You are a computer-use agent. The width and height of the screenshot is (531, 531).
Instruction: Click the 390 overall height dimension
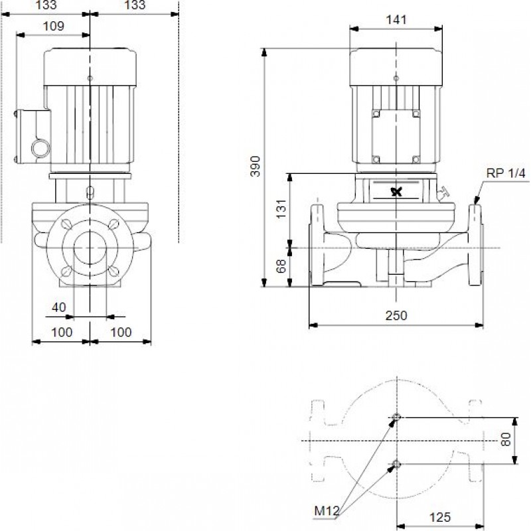click(x=256, y=167)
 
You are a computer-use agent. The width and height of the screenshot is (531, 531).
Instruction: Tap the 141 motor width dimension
click(x=396, y=20)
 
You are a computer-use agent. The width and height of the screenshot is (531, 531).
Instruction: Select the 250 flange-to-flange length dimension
click(x=396, y=315)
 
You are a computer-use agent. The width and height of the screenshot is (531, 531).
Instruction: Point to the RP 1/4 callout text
click(x=506, y=173)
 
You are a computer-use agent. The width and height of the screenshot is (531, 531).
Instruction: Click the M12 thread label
click(x=327, y=511)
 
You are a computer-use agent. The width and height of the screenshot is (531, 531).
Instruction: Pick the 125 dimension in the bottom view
click(x=440, y=517)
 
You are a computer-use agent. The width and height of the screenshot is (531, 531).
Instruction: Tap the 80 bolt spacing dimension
click(x=506, y=439)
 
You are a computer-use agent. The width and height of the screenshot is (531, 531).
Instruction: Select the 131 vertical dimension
click(x=281, y=209)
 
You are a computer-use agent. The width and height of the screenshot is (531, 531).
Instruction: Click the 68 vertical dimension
click(x=281, y=266)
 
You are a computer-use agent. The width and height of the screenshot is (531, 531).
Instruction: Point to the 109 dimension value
click(x=54, y=26)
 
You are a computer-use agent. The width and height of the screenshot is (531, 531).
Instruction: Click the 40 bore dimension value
click(x=58, y=307)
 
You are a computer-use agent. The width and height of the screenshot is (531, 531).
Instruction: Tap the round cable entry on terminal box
click(x=40, y=148)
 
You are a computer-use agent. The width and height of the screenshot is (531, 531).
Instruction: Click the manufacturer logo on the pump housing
click(x=396, y=192)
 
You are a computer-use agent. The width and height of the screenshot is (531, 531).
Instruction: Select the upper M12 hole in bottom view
click(x=396, y=417)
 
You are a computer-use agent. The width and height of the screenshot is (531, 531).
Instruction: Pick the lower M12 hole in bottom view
click(x=396, y=464)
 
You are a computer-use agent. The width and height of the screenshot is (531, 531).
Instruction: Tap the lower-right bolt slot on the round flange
click(x=114, y=271)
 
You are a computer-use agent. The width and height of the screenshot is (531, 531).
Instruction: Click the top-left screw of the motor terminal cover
click(x=376, y=114)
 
